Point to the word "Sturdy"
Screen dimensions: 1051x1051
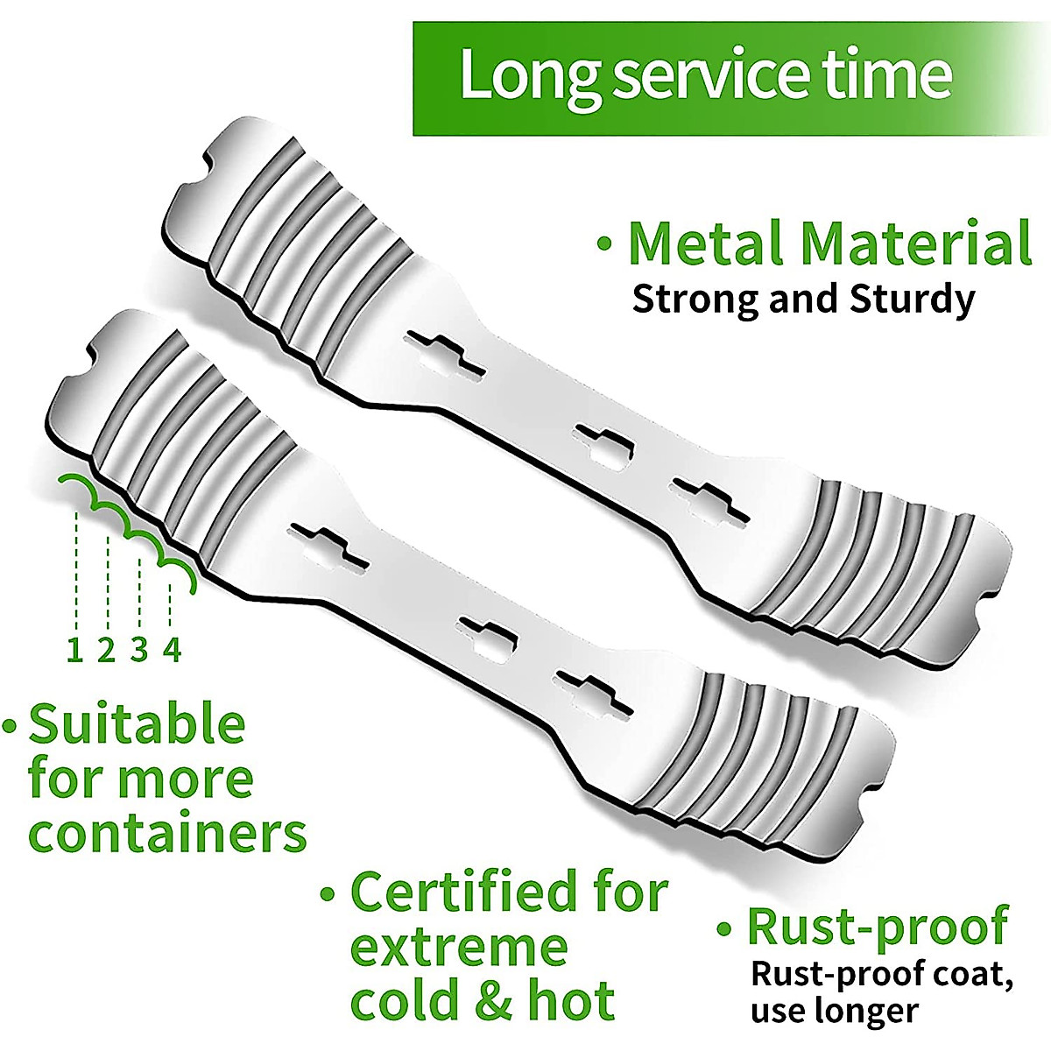click(x=913, y=300)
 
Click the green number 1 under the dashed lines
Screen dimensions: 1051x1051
click(x=75, y=650)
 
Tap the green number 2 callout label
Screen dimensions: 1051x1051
click(x=107, y=650)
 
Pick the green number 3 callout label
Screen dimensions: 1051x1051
click(x=139, y=650)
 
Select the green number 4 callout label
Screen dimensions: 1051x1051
click(x=173, y=650)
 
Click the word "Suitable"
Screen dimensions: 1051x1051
click(x=137, y=725)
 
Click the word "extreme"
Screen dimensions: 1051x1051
click(x=459, y=949)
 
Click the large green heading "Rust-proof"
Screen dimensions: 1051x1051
click(x=877, y=928)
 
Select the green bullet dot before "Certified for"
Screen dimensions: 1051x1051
click(x=328, y=894)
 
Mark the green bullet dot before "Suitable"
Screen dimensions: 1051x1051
click(x=11, y=726)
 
